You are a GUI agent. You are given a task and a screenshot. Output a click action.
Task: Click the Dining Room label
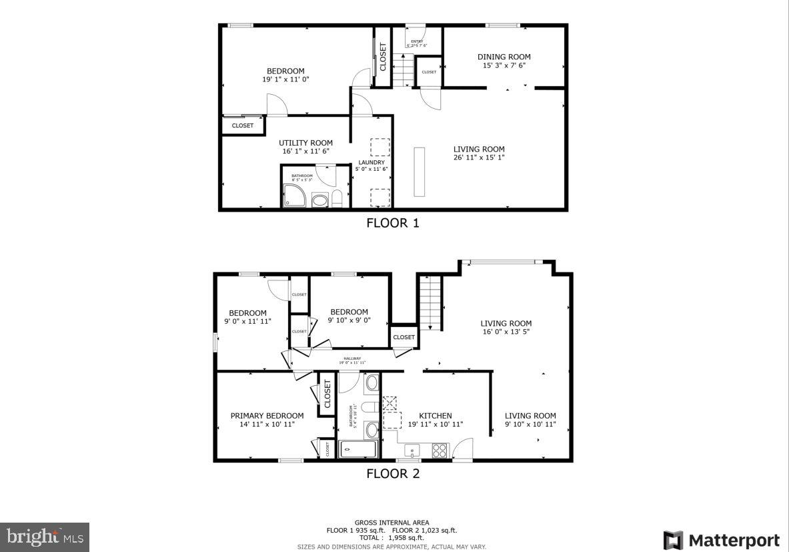point(504,57)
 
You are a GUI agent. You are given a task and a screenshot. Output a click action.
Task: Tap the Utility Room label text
point(305,143)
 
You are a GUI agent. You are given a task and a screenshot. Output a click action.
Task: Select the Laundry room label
point(371,162)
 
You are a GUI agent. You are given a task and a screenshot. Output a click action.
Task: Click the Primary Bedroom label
point(267,415)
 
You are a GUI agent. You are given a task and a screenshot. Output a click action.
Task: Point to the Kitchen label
point(435,415)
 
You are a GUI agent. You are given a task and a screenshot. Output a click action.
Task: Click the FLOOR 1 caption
point(393,223)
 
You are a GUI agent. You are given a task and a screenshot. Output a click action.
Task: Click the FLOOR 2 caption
point(393,474)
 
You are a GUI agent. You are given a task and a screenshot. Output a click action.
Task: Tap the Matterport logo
point(722,539)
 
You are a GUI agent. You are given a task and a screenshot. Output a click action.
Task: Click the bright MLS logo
point(44,536)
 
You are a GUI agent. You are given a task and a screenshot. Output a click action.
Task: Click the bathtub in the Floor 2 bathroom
point(357,449)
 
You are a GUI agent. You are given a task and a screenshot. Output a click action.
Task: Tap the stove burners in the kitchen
point(440,451)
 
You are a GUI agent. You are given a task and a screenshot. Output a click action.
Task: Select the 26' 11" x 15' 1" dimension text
point(479,158)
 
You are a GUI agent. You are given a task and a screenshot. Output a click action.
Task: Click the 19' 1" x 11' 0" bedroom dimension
point(285,79)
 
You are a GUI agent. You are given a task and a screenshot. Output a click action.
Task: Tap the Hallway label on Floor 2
point(352,360)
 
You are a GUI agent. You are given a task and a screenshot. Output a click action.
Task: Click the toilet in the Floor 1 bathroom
point(337,198)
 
